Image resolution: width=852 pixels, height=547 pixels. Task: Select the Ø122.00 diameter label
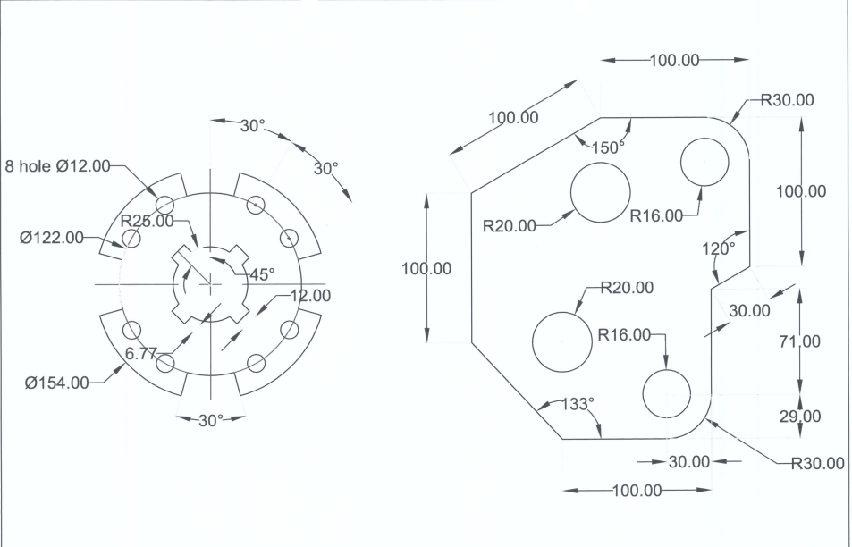click(x=52, y=238)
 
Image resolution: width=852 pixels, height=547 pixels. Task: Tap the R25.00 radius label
click(x=148, y=221)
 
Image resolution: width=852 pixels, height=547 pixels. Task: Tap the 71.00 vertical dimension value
click(x=800, y=341)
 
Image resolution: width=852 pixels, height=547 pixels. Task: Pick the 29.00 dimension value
click(x=800, y=417)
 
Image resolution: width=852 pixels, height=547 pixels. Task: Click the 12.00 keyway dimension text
click(x=310, y=296)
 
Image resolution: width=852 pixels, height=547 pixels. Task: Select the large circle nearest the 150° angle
click(x=601, y=192)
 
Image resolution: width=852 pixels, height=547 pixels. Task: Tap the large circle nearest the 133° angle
click(x=562, y=341)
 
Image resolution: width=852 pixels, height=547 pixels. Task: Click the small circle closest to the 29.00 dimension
click(x=667, y=393)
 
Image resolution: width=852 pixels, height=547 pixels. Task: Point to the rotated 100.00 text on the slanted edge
click(x=513, y=117)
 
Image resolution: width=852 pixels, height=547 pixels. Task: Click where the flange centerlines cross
click(x=209, y=284)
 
